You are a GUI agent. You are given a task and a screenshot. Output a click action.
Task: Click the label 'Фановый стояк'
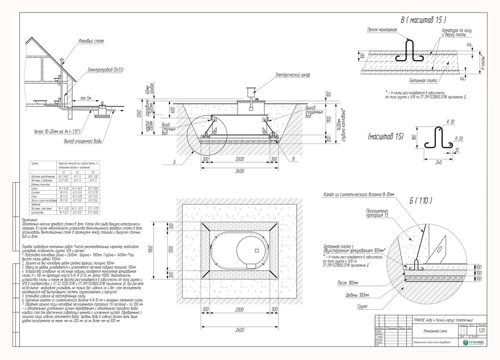point(91,41)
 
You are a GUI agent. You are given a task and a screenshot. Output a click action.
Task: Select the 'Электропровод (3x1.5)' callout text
point(105,70)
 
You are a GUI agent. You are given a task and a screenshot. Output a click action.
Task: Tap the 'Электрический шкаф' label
point(292,75)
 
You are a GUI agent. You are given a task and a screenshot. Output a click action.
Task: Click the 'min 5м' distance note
point(87,98)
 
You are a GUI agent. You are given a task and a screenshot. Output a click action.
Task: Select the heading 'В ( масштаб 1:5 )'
point(423,20)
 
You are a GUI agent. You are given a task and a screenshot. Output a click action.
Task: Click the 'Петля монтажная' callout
point(382,30)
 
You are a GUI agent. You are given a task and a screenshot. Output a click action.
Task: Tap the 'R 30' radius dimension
point(451,122)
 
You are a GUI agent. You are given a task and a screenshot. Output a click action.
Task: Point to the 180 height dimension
point(415,139)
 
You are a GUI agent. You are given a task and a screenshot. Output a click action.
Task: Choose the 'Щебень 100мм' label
point(357,295)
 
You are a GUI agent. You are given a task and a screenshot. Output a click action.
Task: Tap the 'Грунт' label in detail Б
point(363,307)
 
